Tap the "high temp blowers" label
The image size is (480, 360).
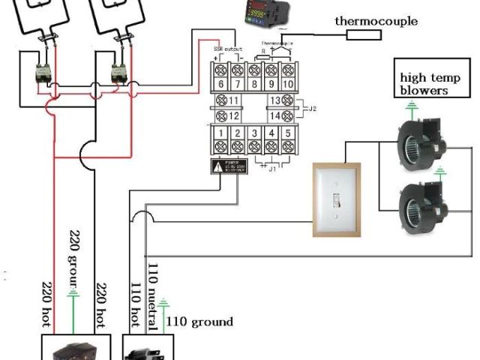tap(424, 83)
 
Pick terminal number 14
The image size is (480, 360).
tap(274, 115)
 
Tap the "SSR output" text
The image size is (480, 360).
tap(228, 49)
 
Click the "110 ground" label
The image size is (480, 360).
tap(199, 322)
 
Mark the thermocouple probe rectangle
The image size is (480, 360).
tap(364, 35)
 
